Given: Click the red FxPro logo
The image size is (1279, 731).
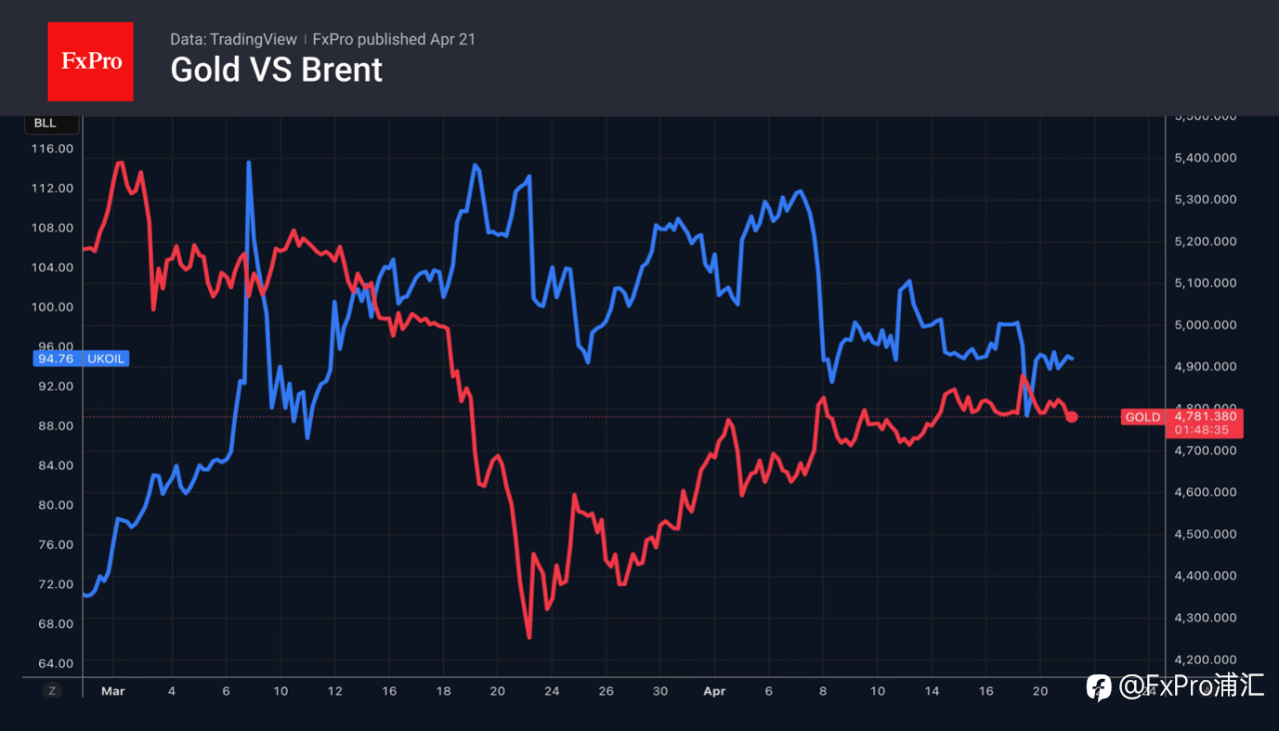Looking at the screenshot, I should [x=90, y=61].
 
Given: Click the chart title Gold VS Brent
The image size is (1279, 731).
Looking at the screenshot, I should [x=276, y=70].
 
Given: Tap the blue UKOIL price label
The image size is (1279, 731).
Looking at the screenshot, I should [x=90, y=358].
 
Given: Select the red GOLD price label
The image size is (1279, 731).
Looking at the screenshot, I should [x=1142, y=416].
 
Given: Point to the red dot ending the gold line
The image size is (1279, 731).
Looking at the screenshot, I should [x=1072, y=416].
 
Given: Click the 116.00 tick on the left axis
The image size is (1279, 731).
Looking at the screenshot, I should [x=53, y=148].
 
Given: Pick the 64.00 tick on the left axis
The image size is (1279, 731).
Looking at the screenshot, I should [x=53, y=663].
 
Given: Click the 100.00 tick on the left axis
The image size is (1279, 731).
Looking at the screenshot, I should [x=53, y=307].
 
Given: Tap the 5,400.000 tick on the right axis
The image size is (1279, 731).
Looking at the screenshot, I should [x=1205, y=158].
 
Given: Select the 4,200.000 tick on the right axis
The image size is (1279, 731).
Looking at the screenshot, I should [x=1205, y=659].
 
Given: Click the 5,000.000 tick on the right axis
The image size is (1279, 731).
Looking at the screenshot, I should [x=1205, y=325].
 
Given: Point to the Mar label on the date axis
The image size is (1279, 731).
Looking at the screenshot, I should [x=113, y=690].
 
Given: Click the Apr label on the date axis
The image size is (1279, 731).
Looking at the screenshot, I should [x=713, y=690].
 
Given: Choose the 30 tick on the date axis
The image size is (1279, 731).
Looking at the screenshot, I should [x=659, y=690].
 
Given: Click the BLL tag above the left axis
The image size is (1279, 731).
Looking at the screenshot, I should [x=45, y=123].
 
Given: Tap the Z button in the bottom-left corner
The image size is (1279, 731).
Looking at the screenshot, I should [x=53, y=689].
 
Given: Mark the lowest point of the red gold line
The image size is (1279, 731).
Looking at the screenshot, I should [x=529, y=637].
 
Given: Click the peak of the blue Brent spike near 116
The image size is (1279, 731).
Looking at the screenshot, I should [x=248, y=162].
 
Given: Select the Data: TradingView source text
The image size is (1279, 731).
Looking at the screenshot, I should [x=233, y=39].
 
